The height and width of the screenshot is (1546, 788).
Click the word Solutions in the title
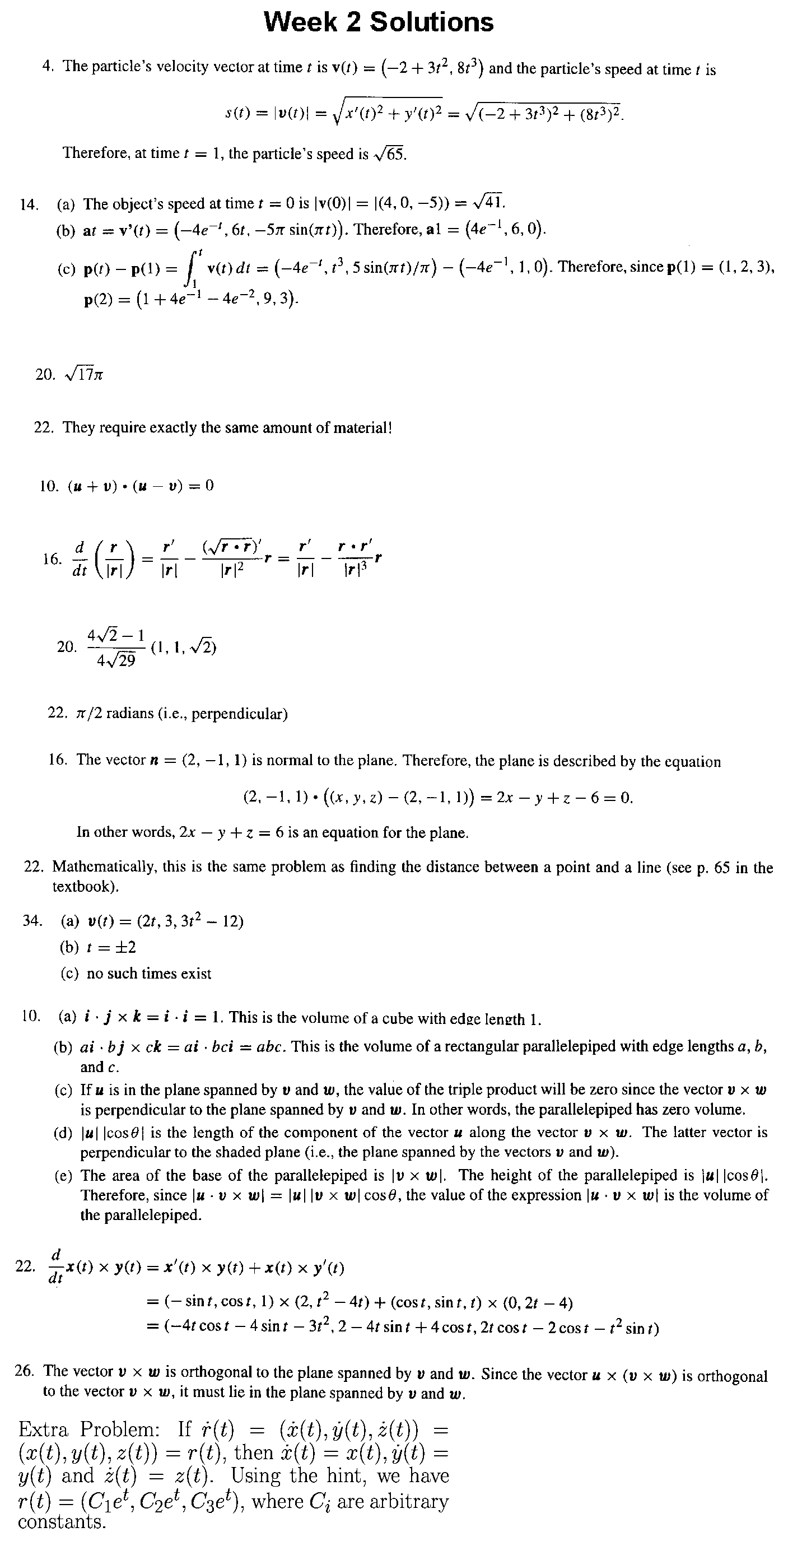pos(431,22)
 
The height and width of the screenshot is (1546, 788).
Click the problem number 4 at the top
pos(45,66)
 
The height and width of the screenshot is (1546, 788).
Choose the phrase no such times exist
pos(149,974)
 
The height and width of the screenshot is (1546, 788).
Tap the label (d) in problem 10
pos(63,1133)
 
